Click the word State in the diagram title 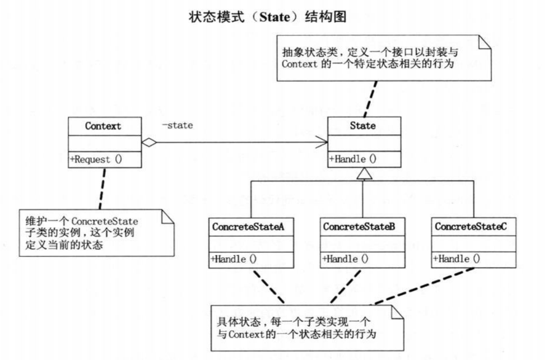coord(274,17)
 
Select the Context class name coord(103,126)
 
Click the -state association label coord(177,125)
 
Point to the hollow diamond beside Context coord(149,143)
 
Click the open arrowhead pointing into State coord(322,142)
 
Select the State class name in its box coord(363,126)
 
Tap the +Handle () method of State coord(353,159)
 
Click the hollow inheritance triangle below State coord(364,174)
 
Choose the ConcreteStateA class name coord(248,226)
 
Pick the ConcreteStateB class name coord(359,226)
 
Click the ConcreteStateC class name coord(471,226)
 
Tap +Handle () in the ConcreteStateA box coord(233,259)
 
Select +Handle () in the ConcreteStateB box coord(345,258)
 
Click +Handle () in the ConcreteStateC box coord(456,258)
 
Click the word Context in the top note coord(295,64)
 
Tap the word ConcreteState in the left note coord(105,221)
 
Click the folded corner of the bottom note coord(397,312)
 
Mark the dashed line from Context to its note coord(102,188)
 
